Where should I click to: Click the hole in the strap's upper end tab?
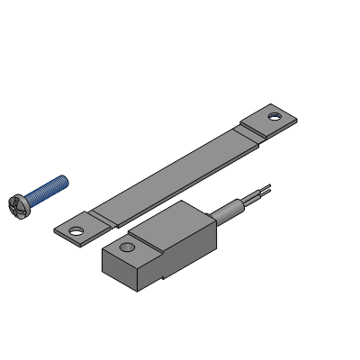[x=274, y=117]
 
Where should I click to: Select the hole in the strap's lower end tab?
[x=76, y=229]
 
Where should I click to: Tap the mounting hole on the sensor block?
[x=127, y=246]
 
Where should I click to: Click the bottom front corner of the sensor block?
[x=137, y=291]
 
